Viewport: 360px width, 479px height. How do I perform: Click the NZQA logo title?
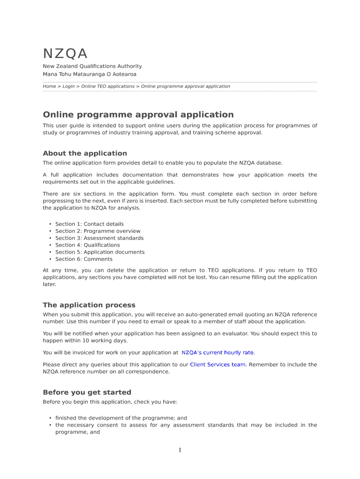click(65, 54)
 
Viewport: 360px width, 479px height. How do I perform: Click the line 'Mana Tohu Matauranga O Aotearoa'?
click(89, 74)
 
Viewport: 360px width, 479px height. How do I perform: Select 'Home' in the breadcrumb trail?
click(49, 87)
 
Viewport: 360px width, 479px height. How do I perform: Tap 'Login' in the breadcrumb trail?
click(68, 87)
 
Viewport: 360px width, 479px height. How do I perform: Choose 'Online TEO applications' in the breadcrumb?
click(108, 87)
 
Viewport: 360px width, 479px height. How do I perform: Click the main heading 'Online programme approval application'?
click(138, 115)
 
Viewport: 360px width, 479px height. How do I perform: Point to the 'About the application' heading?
click(85, 153)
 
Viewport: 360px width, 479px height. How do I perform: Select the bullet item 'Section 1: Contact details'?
click(89, 224)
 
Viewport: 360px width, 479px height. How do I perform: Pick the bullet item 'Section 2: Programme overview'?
click(98, 231)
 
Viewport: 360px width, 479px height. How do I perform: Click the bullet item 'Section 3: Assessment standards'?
click(100, 238)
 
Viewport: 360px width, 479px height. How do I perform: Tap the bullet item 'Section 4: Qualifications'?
click(87, 245)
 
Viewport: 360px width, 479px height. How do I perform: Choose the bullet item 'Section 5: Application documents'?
click(100, 252)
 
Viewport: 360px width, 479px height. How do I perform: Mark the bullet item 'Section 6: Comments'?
click(84, 259)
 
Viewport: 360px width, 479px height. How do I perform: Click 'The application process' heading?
click(89, 305)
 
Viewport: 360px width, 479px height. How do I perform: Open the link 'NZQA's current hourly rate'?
click(218, 353)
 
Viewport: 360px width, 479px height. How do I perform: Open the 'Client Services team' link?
click(217, 364)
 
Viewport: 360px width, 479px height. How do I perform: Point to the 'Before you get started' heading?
click(87, 392)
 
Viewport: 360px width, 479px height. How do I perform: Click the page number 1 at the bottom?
click(180, 450)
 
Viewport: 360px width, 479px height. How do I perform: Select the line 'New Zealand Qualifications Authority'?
click(92, 66)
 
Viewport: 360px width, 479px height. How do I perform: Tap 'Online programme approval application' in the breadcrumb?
click(186, 87)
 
